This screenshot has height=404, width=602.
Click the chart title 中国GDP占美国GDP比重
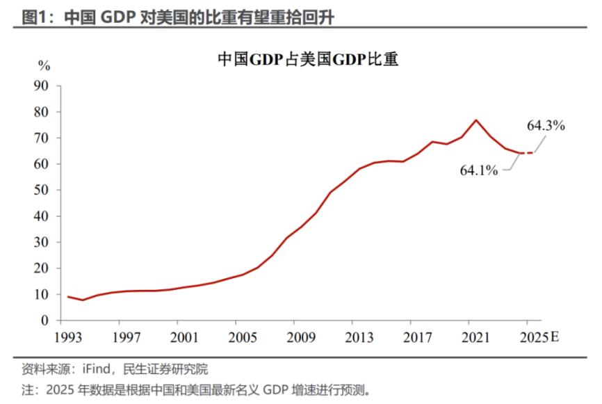click(x=308, y=60)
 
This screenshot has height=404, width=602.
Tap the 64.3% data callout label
click(x=546, y=126)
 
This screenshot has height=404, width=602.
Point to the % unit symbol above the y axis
click(x=44, y=67)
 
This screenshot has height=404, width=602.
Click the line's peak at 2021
click(x=475, y=120)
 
